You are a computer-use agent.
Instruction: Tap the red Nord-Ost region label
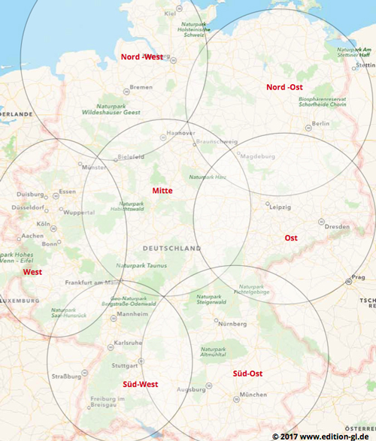286,87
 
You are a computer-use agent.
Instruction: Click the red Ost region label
290,238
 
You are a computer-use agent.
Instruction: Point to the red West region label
32,272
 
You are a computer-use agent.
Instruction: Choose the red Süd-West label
140,385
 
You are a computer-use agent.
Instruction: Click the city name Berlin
321,123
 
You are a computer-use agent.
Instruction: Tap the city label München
253,394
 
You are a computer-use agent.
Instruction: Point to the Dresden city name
336,227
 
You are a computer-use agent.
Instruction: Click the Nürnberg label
232,324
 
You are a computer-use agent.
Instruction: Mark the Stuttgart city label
125,366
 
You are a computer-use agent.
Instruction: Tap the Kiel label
170,14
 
